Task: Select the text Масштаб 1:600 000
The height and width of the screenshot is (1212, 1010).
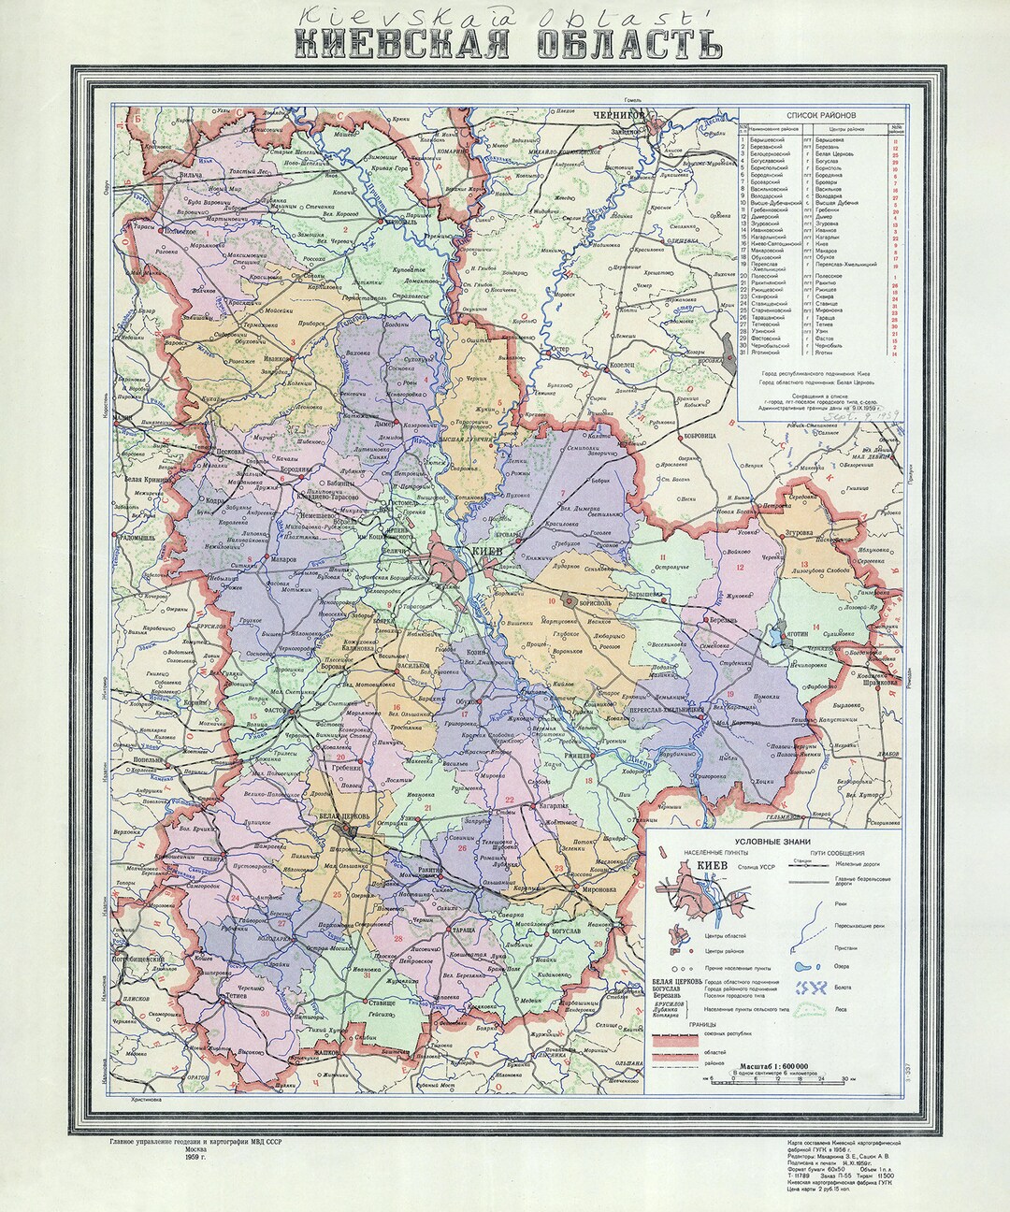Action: click(771, 1065)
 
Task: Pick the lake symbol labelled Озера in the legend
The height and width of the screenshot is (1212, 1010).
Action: click(801, 968)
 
